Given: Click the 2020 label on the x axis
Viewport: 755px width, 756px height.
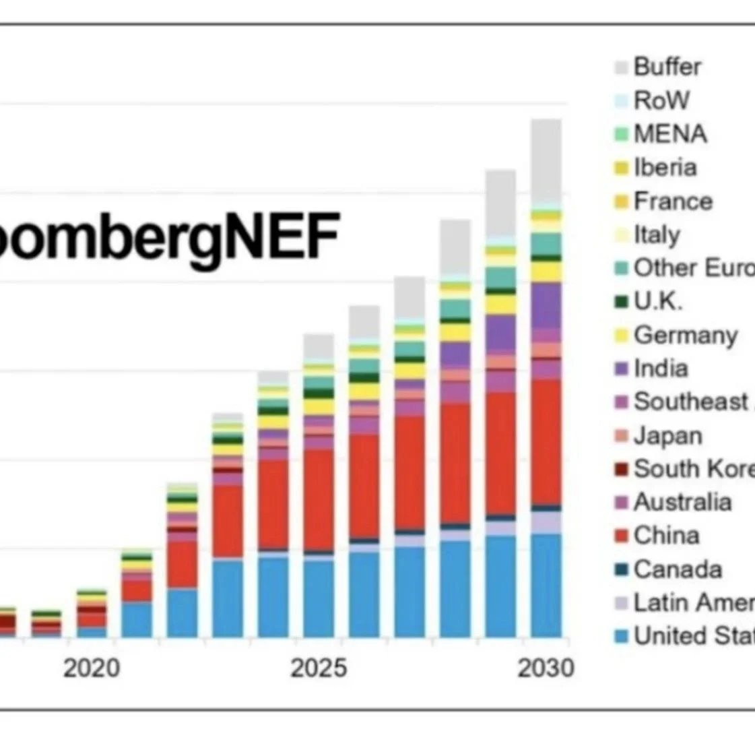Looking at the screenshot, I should [x=92, y=668].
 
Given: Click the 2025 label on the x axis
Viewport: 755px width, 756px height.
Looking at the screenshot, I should [x=319, y=668].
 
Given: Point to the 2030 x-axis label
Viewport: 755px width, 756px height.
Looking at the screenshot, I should [x=546, y=668].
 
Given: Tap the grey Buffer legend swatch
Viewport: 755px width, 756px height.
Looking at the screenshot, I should [x=621, y=67].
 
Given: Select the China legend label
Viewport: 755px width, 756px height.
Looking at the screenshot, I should [x=666, y=536].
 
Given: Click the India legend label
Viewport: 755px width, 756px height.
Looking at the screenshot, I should [x=661, y=369].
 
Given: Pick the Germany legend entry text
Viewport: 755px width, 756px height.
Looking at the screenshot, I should [x=685, y=335].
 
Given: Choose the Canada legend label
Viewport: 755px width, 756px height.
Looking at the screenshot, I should [x=678, y=569].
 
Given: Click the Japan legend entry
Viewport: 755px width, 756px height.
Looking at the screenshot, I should [x=667, y=435].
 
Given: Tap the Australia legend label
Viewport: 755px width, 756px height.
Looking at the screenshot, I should [x=682, y=502].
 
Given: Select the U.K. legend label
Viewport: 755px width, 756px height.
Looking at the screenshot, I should [x=658, y=301].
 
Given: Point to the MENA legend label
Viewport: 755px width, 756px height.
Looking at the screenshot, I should [x=670, y=133].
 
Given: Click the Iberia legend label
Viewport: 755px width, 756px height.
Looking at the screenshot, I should [x=665, y=167].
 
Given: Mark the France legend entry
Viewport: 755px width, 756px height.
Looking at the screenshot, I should [x=673, y=201].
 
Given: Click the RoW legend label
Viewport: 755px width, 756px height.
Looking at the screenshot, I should [x=661, y=100].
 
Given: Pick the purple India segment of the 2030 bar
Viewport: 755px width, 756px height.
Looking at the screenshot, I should [x=546, y=305].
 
